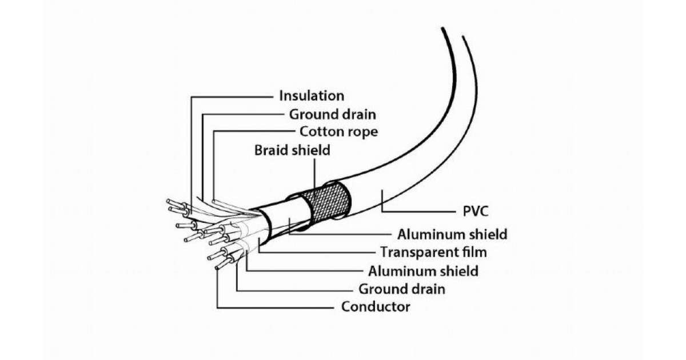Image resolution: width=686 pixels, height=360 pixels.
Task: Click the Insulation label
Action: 312,95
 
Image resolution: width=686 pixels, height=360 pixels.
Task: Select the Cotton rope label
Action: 339,131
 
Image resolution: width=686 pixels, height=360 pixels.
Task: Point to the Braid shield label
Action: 293,150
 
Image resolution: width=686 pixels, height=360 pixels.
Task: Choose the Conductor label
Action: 376,307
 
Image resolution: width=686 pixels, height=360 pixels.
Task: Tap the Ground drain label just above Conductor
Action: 402,289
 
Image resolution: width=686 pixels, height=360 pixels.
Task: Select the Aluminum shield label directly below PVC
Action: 452,234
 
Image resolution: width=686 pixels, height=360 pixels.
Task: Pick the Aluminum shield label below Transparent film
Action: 424,270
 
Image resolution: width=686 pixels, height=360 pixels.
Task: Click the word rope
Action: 362,132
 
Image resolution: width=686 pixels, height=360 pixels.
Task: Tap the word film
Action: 475,251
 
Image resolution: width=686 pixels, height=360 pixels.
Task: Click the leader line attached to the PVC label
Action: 417,211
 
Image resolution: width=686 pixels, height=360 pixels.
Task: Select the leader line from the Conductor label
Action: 274,307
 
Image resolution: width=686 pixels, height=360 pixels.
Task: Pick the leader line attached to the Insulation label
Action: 229,96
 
